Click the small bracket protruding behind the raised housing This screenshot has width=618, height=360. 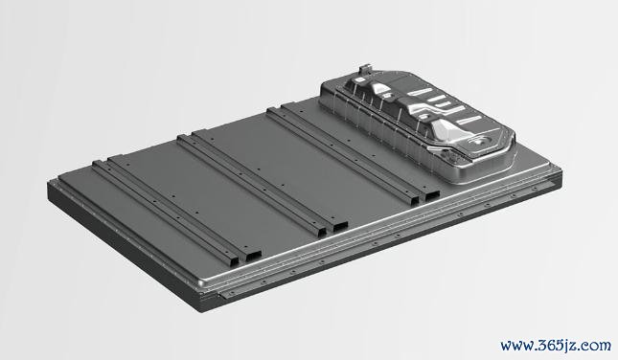click(365, 70)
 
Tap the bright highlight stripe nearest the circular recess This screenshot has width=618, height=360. click(469, 120)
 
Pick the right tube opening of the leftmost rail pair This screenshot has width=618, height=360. click(253, 256)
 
